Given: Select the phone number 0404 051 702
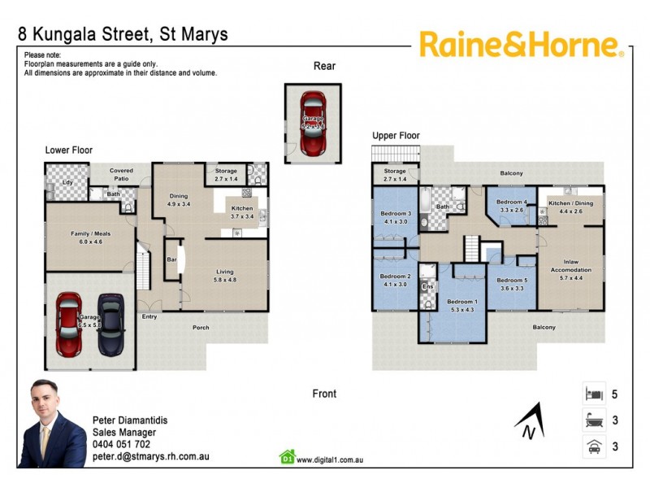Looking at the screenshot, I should pyautogui.click(x=121, y=444).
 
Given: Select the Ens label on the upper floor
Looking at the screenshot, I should pyautogui.click(x=427, y=287).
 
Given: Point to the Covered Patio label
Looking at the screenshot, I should pyautogui.click(x=121, y=174).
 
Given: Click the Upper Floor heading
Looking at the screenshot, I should pyautogui.click(x=396, y=135).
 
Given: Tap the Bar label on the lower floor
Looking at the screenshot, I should pyautogui.click(x=171, y=259).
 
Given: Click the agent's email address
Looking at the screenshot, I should pyautogui.click(x=151, y=456).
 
